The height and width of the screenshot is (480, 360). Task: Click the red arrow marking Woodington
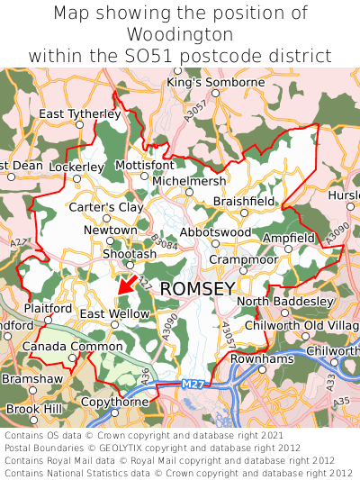pyautogui.click(x=127, y=285)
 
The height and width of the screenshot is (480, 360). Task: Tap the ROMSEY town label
pyautogui.click(x=197, y=288)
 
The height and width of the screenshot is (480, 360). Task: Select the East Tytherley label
pyautogui.click(x=79, y=113)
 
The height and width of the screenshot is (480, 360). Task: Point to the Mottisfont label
pyautogui.click(x=145, y=165)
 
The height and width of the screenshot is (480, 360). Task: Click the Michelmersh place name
pyautogui.click(x=190, y=181)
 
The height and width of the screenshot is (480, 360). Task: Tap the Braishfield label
pyautogui.click(x=244, y=202)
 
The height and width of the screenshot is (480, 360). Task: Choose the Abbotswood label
pyautogui.click(x=215, y=231)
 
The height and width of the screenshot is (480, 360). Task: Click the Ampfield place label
pyautogui.click(x=289, y=238)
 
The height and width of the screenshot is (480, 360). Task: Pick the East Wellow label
pyautogui.click(x=114, y=313)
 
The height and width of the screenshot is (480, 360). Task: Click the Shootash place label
pyautogui.click(x=129, y=255)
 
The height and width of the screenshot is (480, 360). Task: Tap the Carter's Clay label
pyautogui.click(x=106, y=207)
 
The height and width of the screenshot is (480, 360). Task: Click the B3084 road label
pyautogui.click(x=166, y=242)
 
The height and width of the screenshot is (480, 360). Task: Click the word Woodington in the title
pyautogui.click(x=180, y=34)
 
